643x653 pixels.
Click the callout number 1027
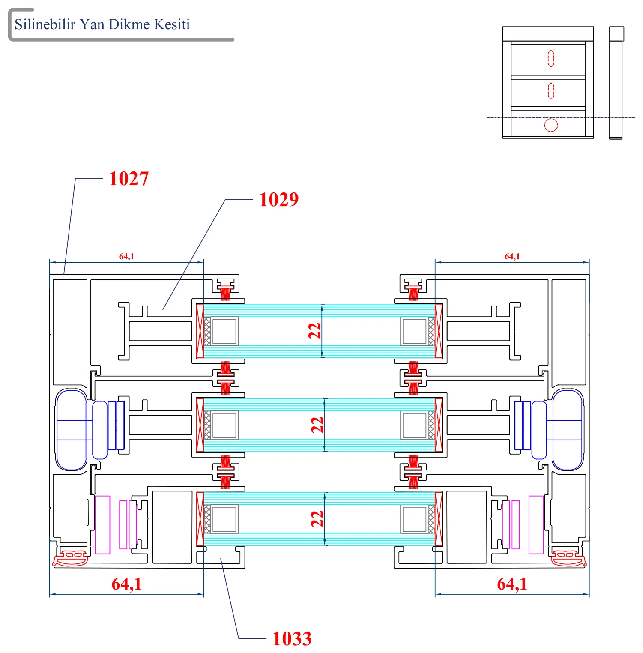click(129, 179)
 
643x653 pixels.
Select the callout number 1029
click(279, 199)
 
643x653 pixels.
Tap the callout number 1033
click(292, 638)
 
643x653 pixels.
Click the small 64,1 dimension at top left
click(126, 256)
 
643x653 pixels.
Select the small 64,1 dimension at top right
click(512, 256)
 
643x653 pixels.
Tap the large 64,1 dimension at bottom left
click(126, 584)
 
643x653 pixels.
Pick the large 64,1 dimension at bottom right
click(512, 584)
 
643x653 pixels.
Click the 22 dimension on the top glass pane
click(315, 331)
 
